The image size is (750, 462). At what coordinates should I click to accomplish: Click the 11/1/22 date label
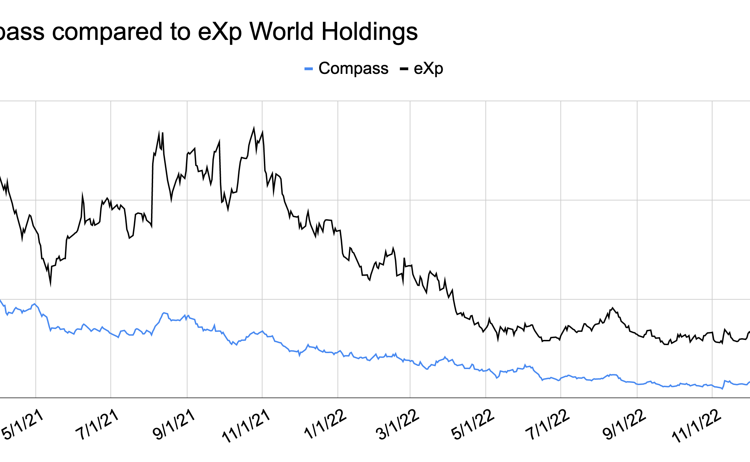coord(697,426)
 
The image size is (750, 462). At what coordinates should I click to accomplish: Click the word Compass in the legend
coord(353,68)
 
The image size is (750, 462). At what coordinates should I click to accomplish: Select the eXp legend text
coord(428,69)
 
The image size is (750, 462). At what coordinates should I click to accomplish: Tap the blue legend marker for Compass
coord(308,69)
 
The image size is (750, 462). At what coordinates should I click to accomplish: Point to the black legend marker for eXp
coord(404,69)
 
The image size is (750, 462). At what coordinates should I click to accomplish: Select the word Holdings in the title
coord(369,32)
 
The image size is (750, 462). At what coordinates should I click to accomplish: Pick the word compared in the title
coord(107,32)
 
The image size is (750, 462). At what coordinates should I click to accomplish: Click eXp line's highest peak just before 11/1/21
coord(254,128)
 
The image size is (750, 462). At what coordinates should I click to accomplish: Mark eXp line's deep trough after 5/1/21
coord(51,285)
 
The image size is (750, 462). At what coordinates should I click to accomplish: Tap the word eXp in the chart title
coord(220,32)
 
